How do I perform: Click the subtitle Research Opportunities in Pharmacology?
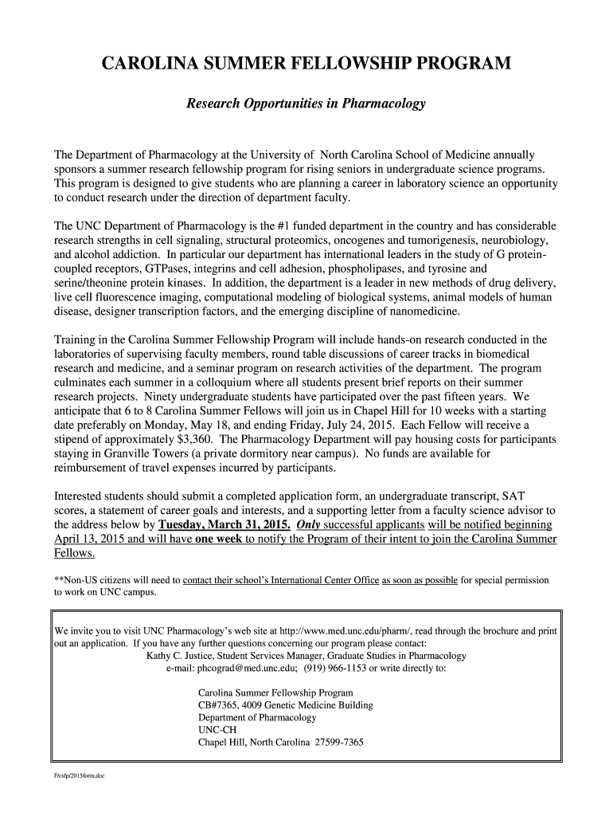click(x=306, y=104)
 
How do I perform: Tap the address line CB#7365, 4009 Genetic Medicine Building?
click(x=285, y=705)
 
